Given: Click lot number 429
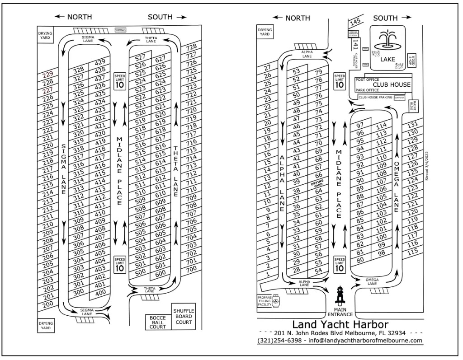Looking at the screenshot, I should [100, 62].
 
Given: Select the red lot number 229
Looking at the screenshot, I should [47, 75].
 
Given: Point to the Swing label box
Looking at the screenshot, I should [121, 30].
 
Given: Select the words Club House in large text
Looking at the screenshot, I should [392, 84].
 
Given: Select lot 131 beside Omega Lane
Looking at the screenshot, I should [412, 125].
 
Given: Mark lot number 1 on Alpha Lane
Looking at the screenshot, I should [268, 274].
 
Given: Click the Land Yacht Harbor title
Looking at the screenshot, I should [340, 324].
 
